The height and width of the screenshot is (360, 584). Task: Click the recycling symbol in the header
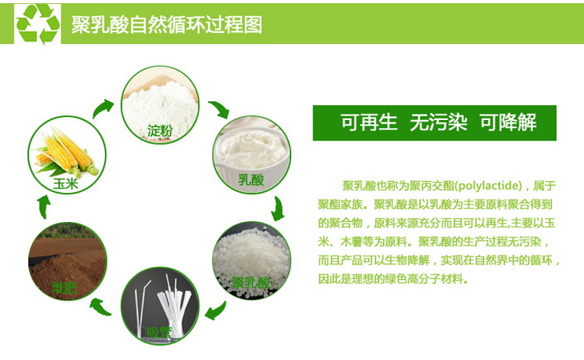pos(38,24)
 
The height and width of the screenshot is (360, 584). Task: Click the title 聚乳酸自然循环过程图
pos(167,25)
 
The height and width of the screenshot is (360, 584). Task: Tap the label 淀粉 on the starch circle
pos(160,131)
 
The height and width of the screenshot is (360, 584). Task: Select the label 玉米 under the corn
pos(66,184)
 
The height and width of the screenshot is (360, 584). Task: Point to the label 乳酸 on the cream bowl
pos(251,180)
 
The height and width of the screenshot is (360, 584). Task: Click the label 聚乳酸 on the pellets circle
pos(250,282)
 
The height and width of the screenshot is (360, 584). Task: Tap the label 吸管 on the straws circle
pos(159,333)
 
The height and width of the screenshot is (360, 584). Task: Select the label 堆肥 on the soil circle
pos(64,288)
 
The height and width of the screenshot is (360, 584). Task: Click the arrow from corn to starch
pos(102,108)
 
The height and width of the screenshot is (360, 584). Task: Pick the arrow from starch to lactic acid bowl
pos(219,110)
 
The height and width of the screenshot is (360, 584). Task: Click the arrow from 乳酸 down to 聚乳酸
pos(277,209)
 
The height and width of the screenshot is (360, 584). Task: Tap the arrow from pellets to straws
pos(216,311)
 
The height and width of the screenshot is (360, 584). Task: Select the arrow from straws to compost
pos(100,307)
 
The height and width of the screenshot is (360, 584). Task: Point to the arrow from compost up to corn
pos(44,207)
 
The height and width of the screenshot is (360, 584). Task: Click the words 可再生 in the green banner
pos(369,122)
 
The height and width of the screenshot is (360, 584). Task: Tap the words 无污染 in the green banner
pos(438,122)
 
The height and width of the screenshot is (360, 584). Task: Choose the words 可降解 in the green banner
pos(508,122)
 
